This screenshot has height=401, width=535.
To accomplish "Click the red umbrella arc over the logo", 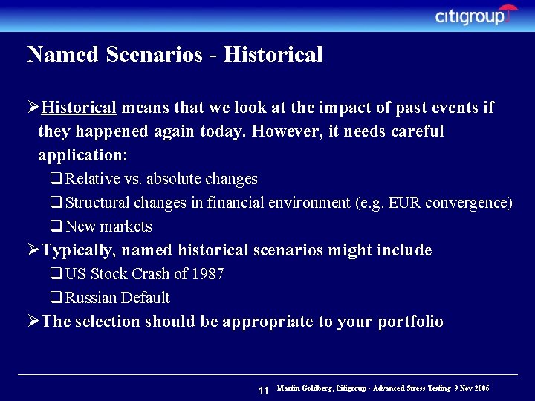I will [x=508, y=10].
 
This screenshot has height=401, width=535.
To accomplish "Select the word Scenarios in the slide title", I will [x=153, y=54].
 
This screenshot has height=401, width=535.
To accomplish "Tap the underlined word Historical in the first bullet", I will [x=80, y=108].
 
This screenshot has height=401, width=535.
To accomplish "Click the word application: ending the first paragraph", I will [x=82, y=155].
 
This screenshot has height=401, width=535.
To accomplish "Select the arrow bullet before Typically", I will [x=33, y=250].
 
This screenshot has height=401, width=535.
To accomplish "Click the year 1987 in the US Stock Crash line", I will [x=207, y=274].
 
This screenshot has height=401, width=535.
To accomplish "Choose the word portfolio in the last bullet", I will [x=410, y=322].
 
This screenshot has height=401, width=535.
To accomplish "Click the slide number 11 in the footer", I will [x=263, y=390].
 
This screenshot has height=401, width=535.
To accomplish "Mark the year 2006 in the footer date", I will [x=481, y=388].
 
